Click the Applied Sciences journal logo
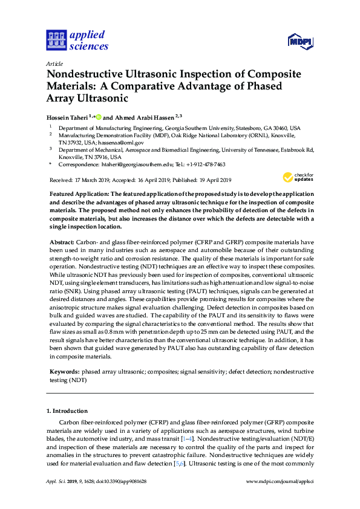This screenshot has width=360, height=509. [x=77, y=40]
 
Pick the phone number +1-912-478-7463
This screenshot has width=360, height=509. [x=205, y=164]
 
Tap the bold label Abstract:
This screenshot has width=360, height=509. [x=61, y=241]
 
